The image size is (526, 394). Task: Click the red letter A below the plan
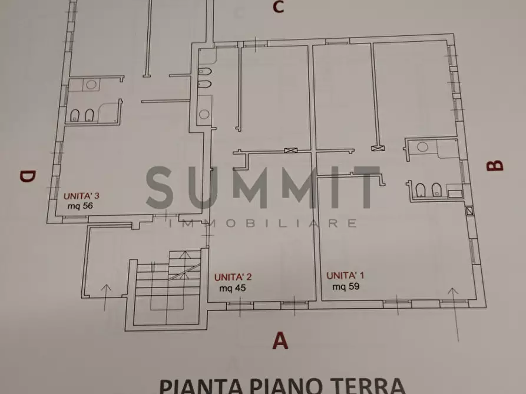pyautogui.click(x=281, y=340)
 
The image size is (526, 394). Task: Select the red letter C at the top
pyautogui.click(x=277, y=7)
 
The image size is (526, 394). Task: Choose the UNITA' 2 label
pyautogui.click(x=233, y=277)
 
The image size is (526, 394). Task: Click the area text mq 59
pyautogui.click(x=346, y=286)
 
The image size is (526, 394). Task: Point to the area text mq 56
pyautogui.click(x=80, y=206)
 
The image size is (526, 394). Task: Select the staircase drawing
pyautogui.click(x=167, y=288)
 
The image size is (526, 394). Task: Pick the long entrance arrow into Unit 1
pyautogui.click(x=454, y=312)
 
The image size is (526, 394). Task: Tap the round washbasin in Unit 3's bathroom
pyautogui.click(x=91, y=85)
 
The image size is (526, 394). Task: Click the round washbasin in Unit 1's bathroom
pyautogui.click(x=422, y=146)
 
